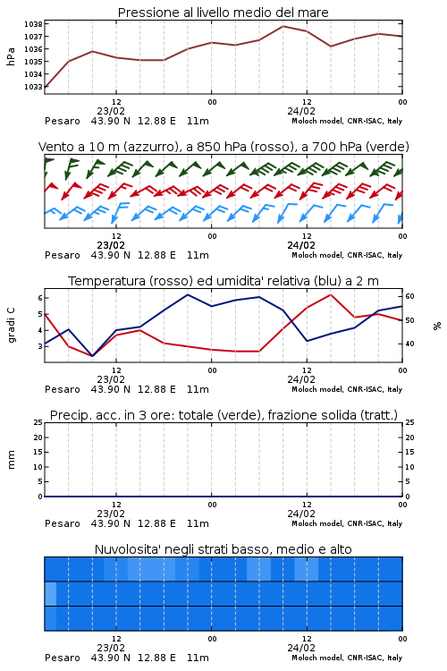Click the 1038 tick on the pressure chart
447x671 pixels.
pos(32,24)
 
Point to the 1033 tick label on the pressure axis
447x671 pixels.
pos(32,87)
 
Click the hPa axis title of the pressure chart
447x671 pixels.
pos(11,56)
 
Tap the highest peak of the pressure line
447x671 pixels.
pos(283,26)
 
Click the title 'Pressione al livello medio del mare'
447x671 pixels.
pos(223,13)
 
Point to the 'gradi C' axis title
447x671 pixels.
pos(12,326)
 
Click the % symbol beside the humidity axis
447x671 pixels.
pos(437,326)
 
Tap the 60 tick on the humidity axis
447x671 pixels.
pos(409,296)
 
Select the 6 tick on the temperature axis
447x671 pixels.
pos(40,298)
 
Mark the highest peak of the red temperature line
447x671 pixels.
pos(330,294)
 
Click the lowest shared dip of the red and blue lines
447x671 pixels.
pos(92,356)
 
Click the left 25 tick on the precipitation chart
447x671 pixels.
pos(38,422)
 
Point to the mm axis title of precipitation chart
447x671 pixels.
pos(12,460)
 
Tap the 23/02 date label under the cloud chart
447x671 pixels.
pos(111,648)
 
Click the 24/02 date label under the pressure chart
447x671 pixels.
pos(301,111)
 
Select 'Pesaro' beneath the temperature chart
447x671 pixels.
pos(63,389)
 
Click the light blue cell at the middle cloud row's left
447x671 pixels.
pos(50,593)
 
